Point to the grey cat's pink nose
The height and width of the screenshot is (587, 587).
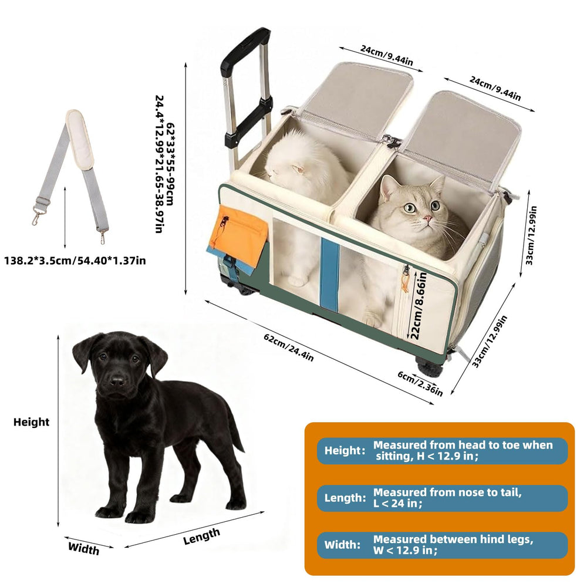coord(427,218)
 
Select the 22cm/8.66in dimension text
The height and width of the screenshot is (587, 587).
coord(418,305)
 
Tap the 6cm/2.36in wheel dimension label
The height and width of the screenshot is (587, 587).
coord(420,383)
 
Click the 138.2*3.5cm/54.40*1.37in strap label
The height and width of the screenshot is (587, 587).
coord(75,260)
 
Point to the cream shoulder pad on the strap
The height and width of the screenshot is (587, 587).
coord(79,139)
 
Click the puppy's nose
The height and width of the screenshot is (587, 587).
coord(117,382)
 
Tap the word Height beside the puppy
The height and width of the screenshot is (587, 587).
coord(32,422)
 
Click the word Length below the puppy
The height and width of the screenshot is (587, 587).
coord(201,536)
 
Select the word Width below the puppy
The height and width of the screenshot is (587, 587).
coord(83,548)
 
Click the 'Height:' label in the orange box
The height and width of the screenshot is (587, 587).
coord(345,450)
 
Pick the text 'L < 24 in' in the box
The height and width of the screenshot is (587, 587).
coord(397,504)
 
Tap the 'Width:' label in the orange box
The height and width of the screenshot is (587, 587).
coord(343,544)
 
